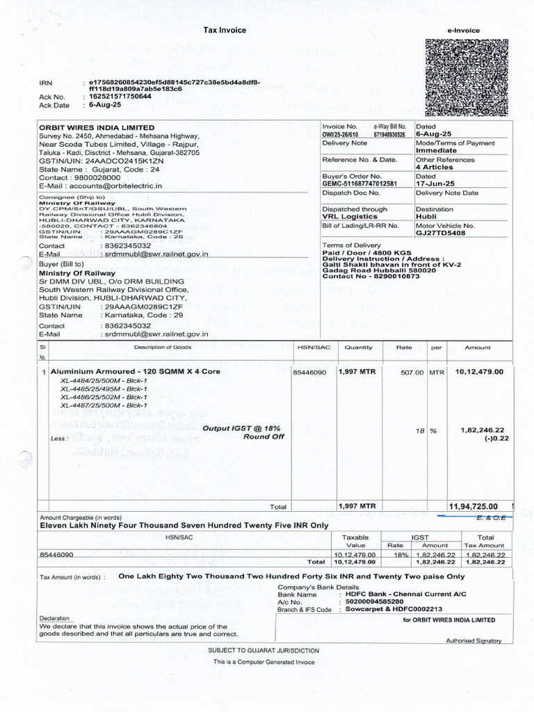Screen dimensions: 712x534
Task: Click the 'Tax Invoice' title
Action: point(224,31)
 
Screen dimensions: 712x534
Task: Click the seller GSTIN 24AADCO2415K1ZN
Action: point(125,161)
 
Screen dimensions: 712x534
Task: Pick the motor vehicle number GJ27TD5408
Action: point(440,234)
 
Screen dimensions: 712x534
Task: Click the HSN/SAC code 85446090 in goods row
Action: point(309,373)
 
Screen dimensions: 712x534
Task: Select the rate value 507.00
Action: point(412,373)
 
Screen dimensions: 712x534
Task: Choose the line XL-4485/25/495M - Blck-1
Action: point(104,389)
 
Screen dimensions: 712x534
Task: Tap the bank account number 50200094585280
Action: point(370,601)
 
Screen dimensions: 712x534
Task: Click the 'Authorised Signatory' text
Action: point(474,641)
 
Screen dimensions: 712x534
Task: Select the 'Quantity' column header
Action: point(359,347)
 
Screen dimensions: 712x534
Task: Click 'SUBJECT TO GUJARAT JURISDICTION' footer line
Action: point(264,650)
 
